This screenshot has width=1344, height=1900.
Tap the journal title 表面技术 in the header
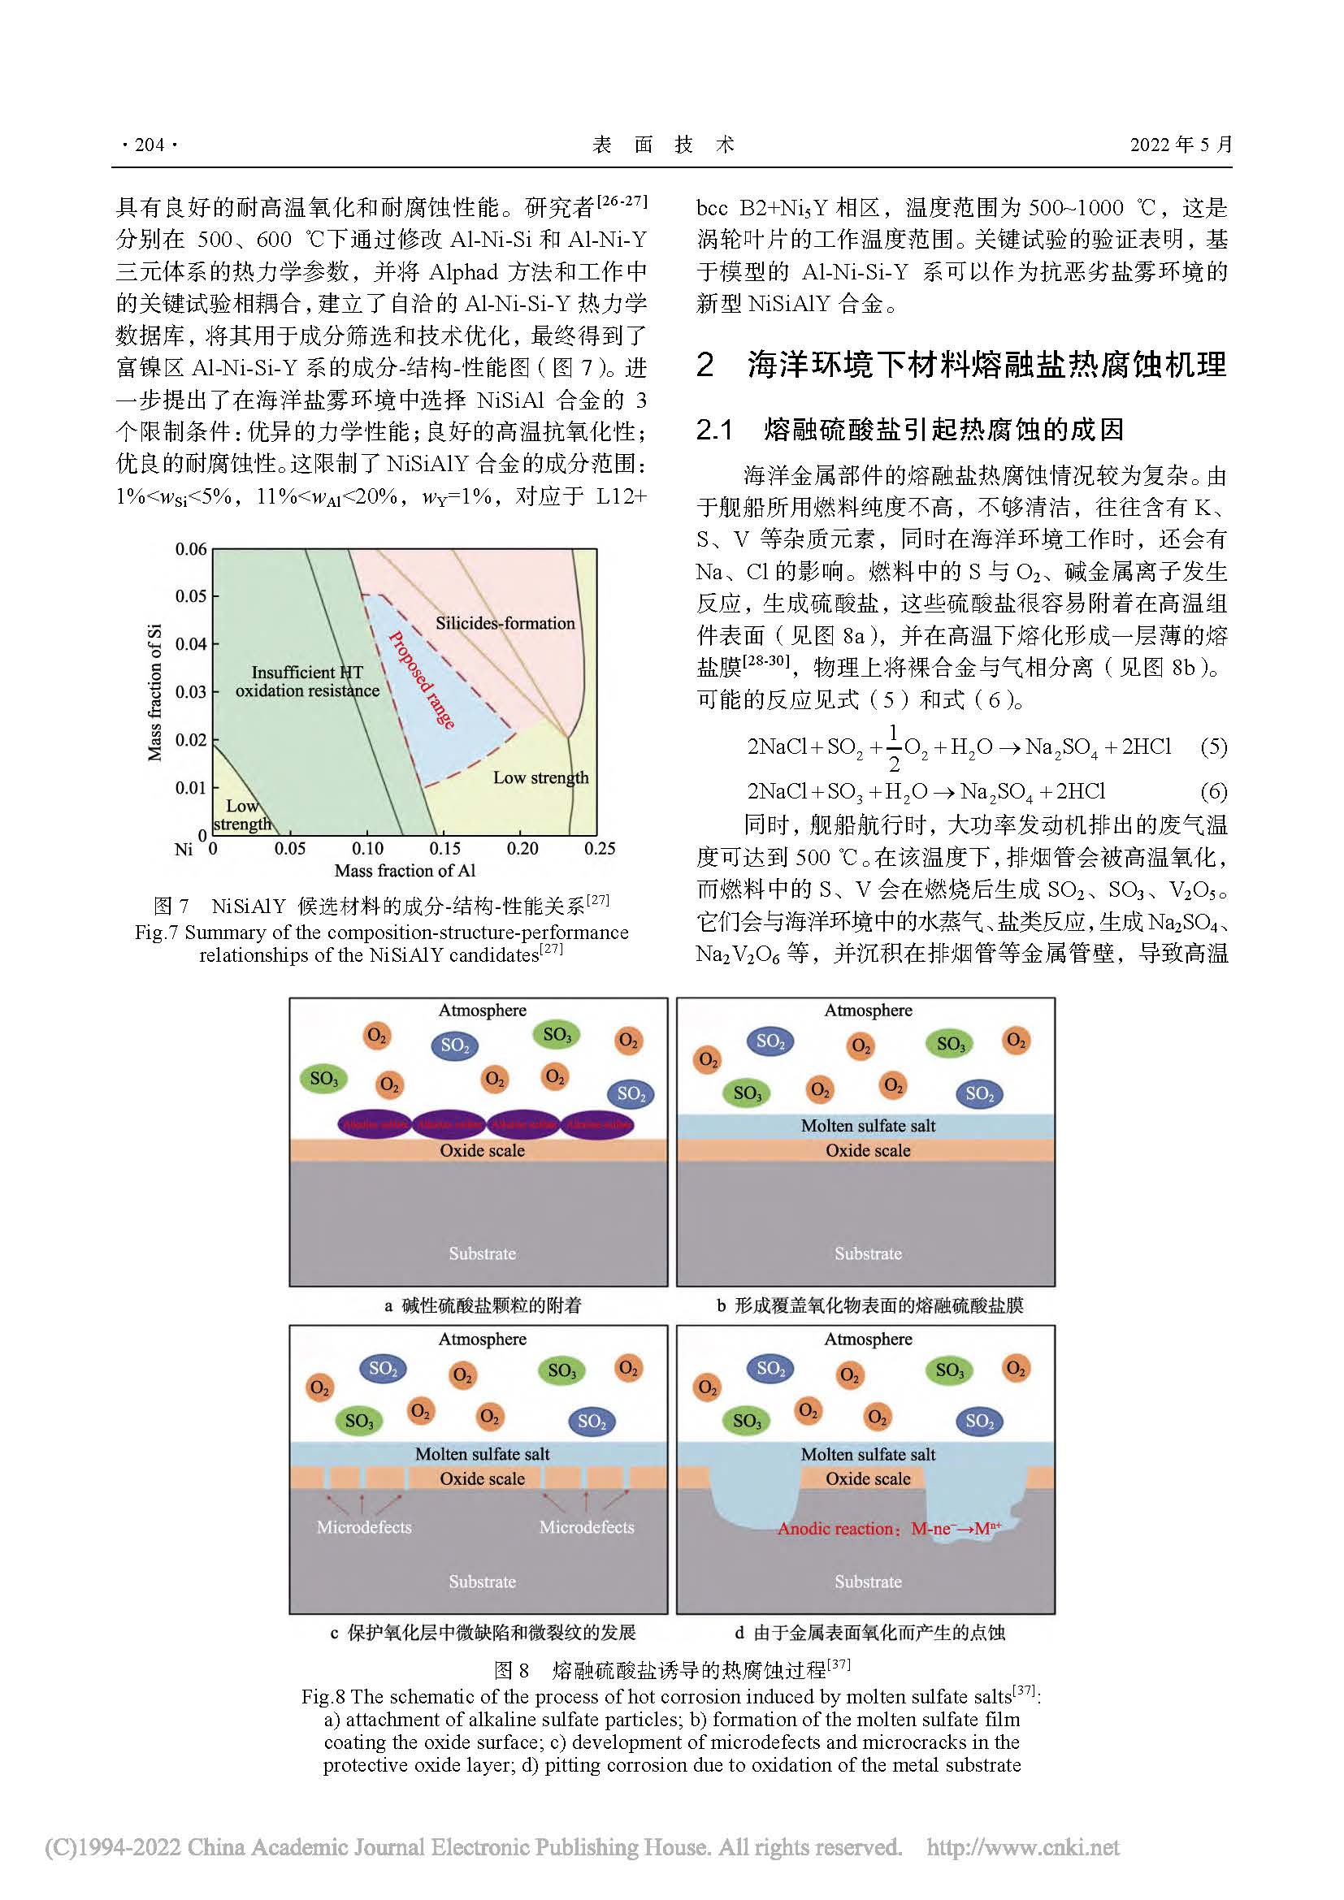click(664, 145)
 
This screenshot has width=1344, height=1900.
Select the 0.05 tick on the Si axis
click(191, 595)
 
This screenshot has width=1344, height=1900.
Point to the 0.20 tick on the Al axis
click(522, 848)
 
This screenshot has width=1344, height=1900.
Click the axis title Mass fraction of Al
click(405, 871)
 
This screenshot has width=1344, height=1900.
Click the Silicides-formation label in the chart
click(505, 623)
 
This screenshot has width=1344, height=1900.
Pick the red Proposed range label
click(422, 679)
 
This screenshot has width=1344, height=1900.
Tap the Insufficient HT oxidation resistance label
click(307, 682)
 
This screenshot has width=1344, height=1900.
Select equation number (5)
click(1213, 747)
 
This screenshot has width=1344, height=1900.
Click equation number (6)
click(1213, 791)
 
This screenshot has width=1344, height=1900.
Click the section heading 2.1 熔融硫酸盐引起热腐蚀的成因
click(910, 430)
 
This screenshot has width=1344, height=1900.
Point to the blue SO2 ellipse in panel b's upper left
click(770, 1042)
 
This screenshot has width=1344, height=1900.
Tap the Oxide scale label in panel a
click(483, 1150)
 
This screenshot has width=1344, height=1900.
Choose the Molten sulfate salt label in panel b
click(868, 1125)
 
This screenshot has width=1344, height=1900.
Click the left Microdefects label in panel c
click(364, 1527)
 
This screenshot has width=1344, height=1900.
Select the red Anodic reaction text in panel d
click(889, 1529)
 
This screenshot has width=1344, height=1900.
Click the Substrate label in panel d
click(868, 1582)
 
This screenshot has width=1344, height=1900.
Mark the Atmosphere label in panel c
click(483, 1339)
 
